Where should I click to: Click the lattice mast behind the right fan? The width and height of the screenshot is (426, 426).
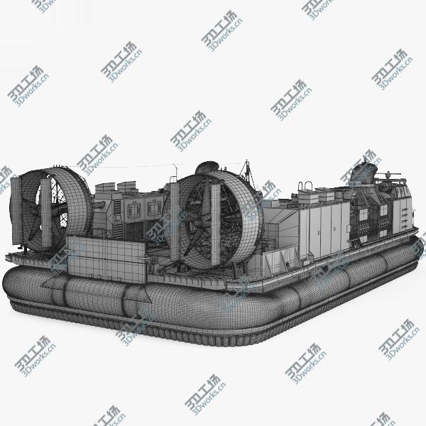(x=246, y=174)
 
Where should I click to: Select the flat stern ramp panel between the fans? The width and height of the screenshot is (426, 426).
(x=106, y=255)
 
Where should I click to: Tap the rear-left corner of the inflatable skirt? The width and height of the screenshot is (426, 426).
(x=21, y=284)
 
